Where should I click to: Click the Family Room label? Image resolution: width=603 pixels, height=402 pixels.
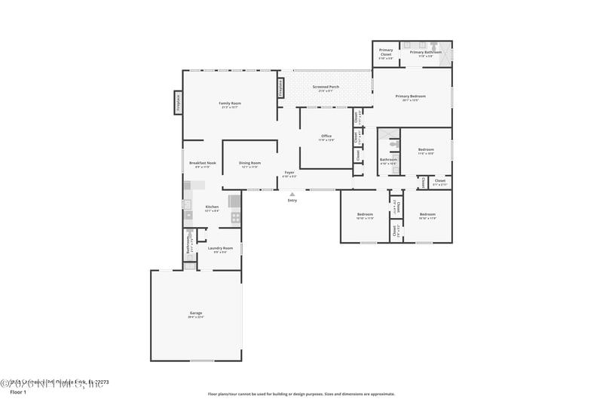[229, 103]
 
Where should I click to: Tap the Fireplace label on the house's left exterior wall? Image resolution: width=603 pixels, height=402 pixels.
[178, 103]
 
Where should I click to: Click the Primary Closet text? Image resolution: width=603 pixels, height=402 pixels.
[386, 52]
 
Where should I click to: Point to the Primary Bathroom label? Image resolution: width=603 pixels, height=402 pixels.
[425, 52]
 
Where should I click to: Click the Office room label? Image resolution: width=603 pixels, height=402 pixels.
[326, 137]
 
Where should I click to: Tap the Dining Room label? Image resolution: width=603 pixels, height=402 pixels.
[249, 164]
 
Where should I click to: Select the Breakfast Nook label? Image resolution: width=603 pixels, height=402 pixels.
[202, 164]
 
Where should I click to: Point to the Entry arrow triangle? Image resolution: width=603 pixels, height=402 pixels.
[292, 194]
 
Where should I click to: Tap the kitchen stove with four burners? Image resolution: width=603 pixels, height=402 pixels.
[235, 217]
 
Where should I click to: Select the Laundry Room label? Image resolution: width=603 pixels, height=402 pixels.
[220, 249]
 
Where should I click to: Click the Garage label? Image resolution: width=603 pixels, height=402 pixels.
[195, 314]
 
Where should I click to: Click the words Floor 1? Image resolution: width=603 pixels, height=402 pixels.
[17, 392]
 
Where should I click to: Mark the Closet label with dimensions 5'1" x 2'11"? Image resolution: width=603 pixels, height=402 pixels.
[439, 181]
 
